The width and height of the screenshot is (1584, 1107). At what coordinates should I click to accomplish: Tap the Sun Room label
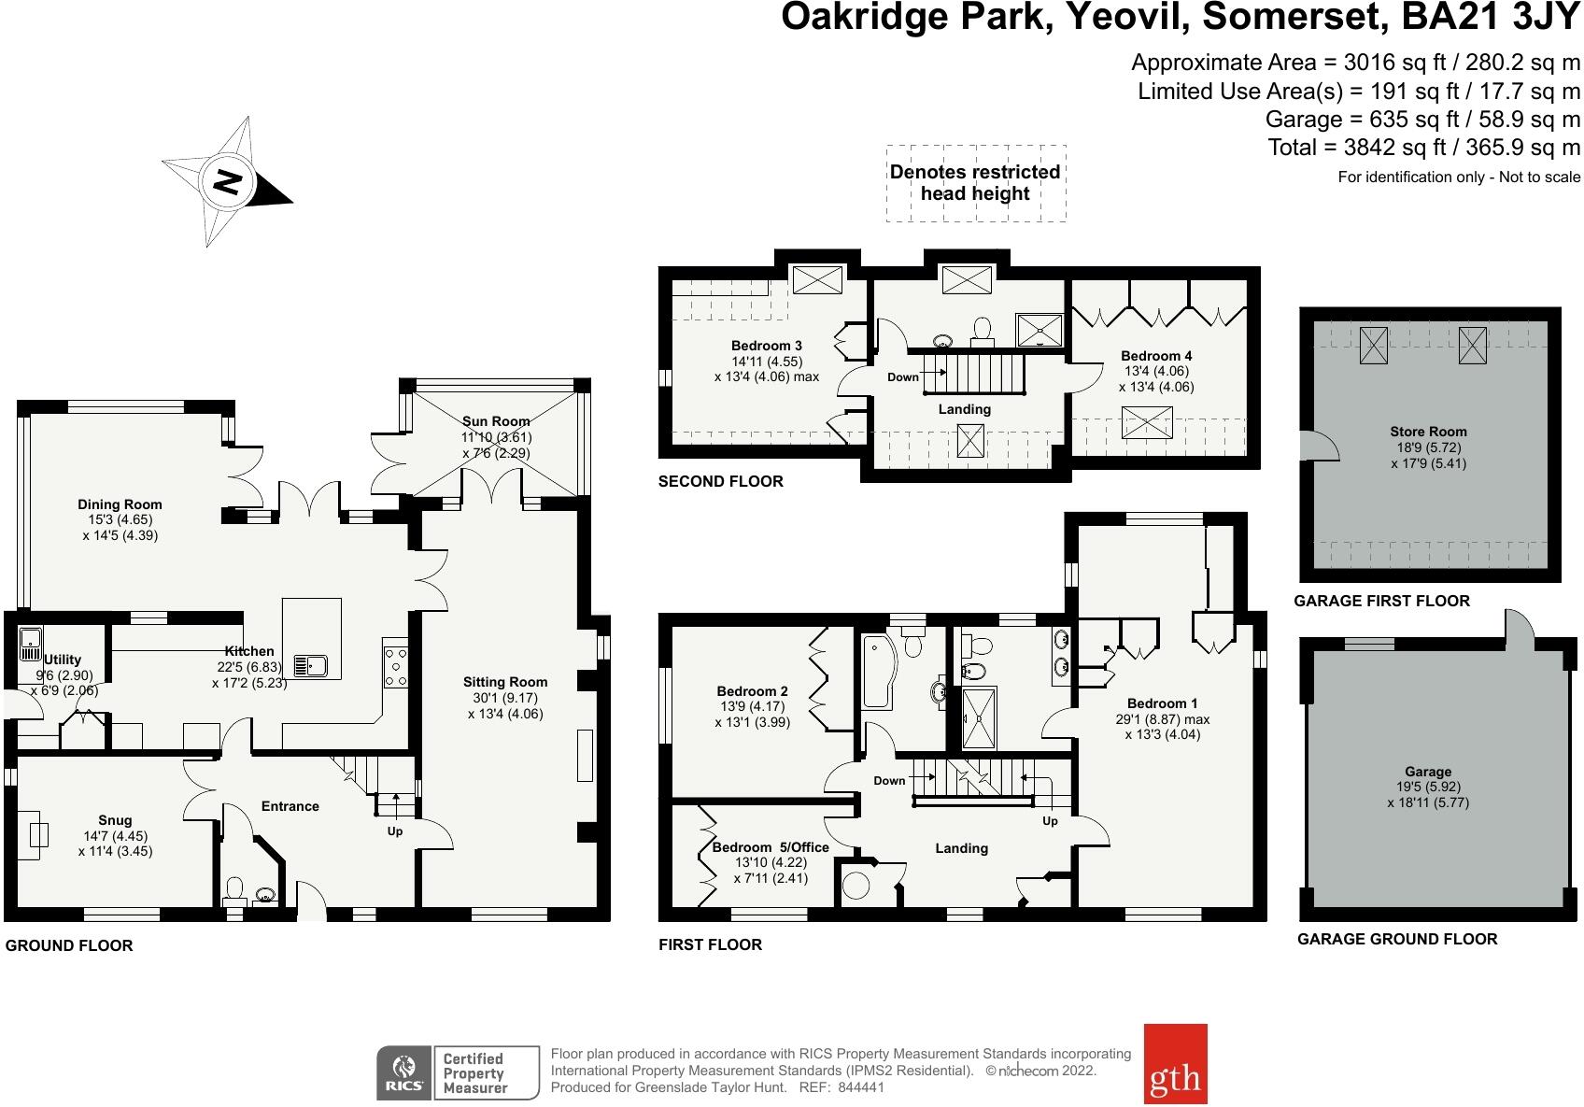[x=496, y=421]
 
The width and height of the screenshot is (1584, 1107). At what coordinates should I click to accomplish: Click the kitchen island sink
[x=310, y=665]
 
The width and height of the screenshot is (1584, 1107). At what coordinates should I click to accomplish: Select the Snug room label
[x=116, y=821]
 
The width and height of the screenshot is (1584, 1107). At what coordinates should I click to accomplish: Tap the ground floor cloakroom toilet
[x=235, y=888]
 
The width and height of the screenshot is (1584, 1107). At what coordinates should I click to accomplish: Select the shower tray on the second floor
[x=1037, y=328]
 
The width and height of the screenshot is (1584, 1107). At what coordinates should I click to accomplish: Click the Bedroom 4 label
[x=1156, y=356]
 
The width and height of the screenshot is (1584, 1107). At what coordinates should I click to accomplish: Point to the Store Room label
[x=1428, y=432]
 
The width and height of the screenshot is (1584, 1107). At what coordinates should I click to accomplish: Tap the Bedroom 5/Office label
[x=771, y=847]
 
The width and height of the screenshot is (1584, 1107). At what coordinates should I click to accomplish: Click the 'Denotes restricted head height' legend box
[x=975, y=183]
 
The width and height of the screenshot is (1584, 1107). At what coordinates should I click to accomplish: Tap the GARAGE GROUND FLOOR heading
[x=1396, y=939]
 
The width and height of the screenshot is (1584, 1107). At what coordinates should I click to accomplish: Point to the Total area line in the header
[x=1423, y=148]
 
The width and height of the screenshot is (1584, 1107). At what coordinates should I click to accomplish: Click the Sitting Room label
[x=505, y=682]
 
